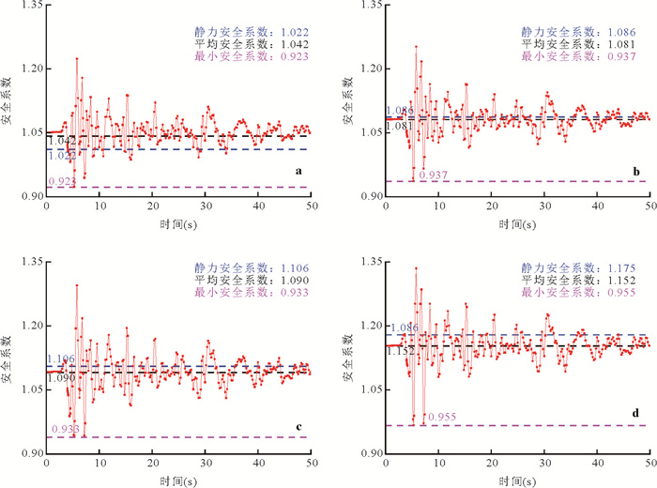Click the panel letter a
[298, 172]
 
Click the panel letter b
[637, 172]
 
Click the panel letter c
[298, 430]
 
